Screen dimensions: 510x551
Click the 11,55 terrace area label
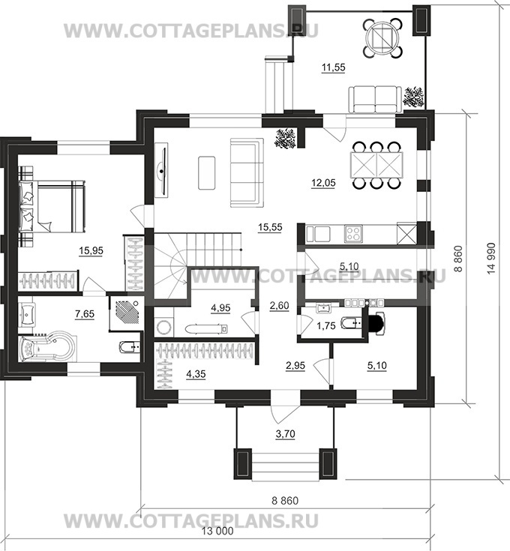coord(334,67)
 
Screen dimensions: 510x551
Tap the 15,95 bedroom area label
coord(91,251)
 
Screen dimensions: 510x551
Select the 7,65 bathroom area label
coord(85,313)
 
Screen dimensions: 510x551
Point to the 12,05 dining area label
coord(323,183)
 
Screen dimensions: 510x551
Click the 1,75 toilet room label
coord(326,326)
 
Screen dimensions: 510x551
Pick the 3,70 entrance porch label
coord(285,434)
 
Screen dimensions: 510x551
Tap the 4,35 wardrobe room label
coord(196,375)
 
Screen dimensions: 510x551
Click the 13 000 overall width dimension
coord(217,531)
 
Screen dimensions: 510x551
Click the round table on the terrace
coord(382,37)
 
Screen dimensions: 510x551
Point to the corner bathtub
coord(46,348)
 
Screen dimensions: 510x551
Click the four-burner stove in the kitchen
coord(353,234)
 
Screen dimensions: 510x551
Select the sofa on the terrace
coord(375,100)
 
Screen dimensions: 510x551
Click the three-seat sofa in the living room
coord(247,172)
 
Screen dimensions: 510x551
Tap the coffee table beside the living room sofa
coord(207,173)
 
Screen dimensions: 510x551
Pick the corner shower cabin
coord(127,313)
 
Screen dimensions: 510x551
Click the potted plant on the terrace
coord(415,96)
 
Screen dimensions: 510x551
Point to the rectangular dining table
coord(377,165)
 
